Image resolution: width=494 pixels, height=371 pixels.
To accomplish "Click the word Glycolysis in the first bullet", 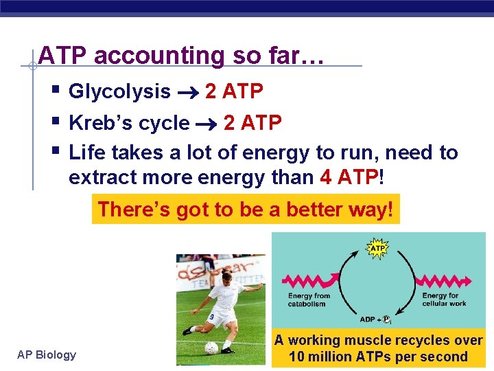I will (x=120, y=91).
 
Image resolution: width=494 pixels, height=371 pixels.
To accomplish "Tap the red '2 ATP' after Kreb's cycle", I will (x=252, y=123).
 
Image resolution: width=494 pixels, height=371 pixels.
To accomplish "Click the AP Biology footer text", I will (x=47, y=355).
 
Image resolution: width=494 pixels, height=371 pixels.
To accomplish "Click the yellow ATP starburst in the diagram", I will (x=378, y=248).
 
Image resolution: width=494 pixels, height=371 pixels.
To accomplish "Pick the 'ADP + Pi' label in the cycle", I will (x=375, y=319).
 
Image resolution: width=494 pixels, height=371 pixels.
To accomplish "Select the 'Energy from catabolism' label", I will (x=309, y=300).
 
